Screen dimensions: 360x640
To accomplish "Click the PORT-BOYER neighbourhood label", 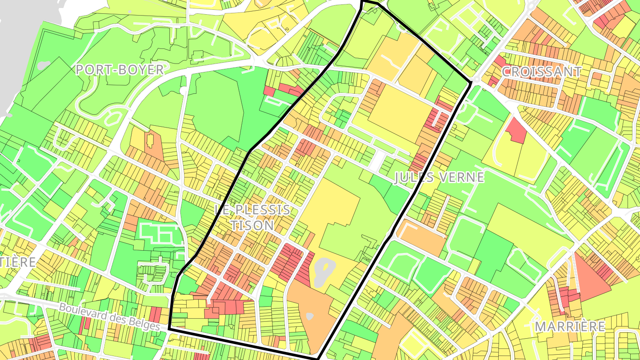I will (x=120, y=70).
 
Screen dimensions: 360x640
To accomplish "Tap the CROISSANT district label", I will (x=541, y=72).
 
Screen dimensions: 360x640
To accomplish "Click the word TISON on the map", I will (x=252, y=225).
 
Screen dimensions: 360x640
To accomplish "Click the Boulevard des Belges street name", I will (x=109, y=316).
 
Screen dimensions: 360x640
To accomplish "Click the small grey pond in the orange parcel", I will (x=310, y=316).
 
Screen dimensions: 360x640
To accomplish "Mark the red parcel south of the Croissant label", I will (x=516, y=130).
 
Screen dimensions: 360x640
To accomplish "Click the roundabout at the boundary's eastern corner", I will (x=476, y=80).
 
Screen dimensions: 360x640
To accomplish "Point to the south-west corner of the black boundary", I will (x=169, y=328).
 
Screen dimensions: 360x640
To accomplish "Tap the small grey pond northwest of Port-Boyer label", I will (x=44, y=66).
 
